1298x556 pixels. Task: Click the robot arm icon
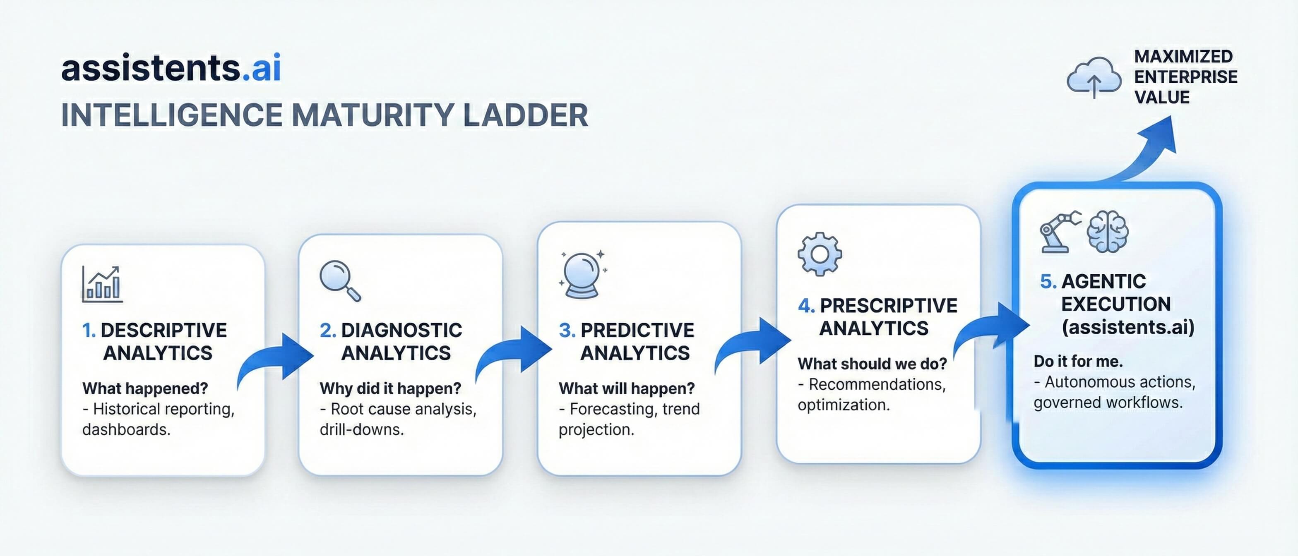click(x=1060, y=232)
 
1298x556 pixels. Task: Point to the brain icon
click(x=1108, y=232)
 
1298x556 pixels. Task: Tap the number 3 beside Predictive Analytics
click(x=567, y=331)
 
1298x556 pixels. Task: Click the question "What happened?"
click(x=145, y=388)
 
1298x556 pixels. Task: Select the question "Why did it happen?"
click(x=390, y=388)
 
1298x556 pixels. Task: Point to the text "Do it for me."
click(x=1078, y=361)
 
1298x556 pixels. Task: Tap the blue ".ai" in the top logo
click(x=261, y=68)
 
